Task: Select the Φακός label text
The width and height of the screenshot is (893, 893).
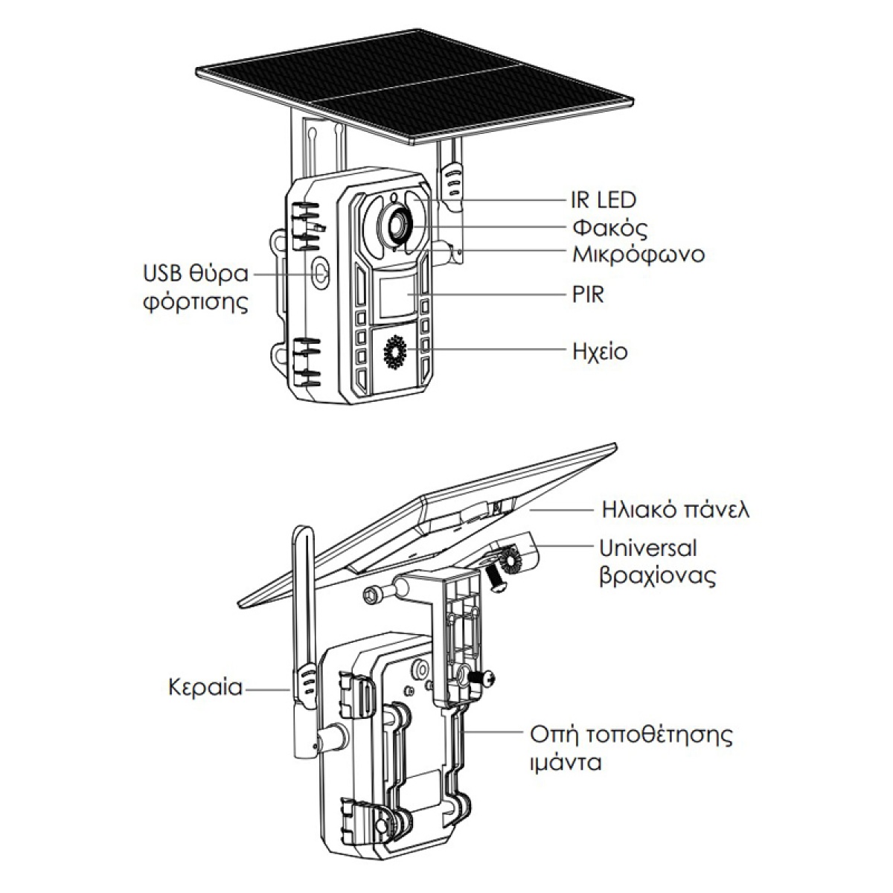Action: click(x=606, y=226)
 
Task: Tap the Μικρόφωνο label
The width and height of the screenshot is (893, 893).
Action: click(x=638, y=255)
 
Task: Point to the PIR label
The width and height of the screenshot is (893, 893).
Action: click(x=588, y=295)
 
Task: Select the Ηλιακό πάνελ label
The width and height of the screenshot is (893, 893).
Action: click(x=674, y=510)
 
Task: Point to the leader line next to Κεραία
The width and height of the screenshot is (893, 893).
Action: click(x=268, y=689)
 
